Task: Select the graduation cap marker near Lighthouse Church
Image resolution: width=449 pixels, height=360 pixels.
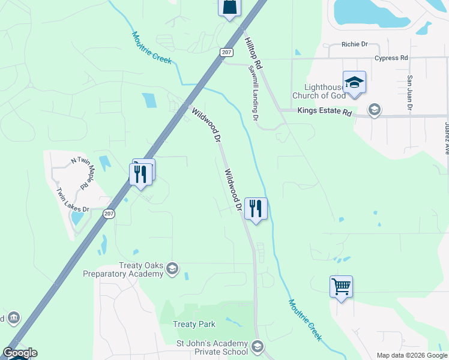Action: (x=354, y=82)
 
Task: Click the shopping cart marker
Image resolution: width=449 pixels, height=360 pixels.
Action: (x=341, y=287)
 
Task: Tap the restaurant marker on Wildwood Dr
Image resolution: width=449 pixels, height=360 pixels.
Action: (x=256, y=209)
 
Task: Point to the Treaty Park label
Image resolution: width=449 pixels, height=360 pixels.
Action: (x=194, y=324)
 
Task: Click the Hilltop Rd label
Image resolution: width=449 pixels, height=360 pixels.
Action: (x=253, y=52)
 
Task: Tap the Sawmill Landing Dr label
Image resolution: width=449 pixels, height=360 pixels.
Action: (x=253, y=94)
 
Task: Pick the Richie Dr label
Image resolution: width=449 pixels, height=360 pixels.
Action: (x=354, y=44)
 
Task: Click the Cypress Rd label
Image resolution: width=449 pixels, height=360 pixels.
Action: (x=391, y=58)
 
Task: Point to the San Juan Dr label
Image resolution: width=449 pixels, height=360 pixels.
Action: (x=410, y=93)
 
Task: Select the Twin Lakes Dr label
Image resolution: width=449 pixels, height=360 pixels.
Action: (x=72, y=200)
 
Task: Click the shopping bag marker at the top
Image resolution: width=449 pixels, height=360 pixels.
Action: (x=229, y=7)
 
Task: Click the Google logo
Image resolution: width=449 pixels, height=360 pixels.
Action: (x=20, y=353)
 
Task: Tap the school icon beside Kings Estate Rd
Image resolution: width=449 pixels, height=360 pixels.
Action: (x=375, y=110)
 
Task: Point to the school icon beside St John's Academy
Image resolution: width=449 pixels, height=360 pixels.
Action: (x=258, y=347)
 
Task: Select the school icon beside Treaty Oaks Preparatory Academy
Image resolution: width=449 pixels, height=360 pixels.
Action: (x=173, y=268)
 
